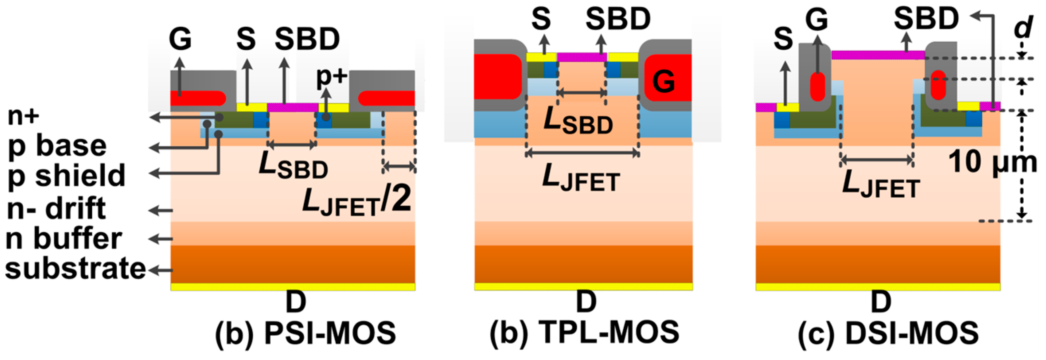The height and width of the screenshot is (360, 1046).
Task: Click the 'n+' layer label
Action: click(23, 117)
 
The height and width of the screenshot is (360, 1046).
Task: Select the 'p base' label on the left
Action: click(57, 146)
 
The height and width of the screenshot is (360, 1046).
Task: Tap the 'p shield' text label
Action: click(66, 176)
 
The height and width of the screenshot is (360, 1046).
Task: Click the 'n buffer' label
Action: click(64, 239)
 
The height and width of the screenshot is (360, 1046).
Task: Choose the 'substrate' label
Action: click(76, 269)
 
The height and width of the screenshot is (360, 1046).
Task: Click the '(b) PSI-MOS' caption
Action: click(305, 333)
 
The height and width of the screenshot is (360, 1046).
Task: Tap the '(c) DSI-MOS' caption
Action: click(888, 333)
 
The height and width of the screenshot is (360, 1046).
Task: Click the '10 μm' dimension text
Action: click(992, 162)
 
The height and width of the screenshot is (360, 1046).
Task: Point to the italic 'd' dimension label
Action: click(1023, 28)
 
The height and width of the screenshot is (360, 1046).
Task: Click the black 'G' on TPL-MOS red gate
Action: click(664, 82)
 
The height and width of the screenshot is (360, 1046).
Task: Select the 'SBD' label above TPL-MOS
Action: click(618, 19)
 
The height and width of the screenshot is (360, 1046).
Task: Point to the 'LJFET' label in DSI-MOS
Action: click(881, 185)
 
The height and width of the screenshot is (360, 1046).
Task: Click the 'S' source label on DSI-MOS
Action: click(783, 39)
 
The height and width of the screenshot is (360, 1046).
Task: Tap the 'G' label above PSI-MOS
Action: click(180, 39)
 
